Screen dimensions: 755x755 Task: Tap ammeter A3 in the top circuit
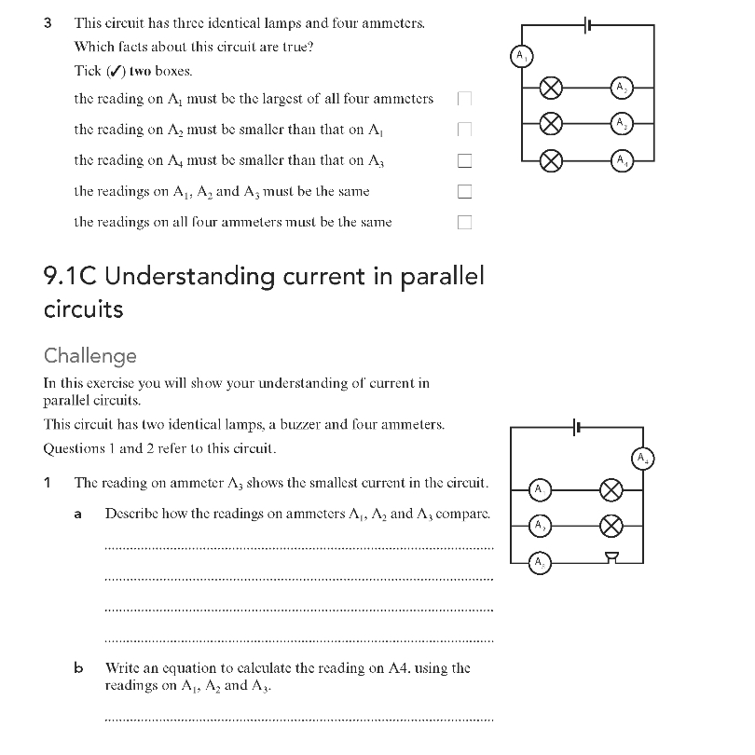[x=622, y=123]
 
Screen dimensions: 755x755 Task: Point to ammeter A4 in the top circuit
[x=622, y=159]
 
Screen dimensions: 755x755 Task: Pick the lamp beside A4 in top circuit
[x=552, y=159]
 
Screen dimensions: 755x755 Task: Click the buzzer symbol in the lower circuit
[x=611, y=558]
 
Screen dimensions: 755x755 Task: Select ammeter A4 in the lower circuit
[x=643, y=458]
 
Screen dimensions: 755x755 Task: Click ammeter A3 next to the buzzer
[x=539, y=562]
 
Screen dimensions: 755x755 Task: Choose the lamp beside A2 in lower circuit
[x=611, y=525]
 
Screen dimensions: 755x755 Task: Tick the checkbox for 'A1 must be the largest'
[x=464, y=98]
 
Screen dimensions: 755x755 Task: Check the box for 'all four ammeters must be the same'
[x=464, y=223]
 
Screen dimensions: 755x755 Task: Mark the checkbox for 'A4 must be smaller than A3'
[x=464, y=160]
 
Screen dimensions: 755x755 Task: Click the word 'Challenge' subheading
[x=90, y=356]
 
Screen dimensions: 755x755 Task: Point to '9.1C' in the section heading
[x=73, y=277]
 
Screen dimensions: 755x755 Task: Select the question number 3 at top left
[x=48, y=22]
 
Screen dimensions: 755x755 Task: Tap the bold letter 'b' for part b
[x=78, y=667]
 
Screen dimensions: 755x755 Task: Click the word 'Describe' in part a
[x=131, y=514]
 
